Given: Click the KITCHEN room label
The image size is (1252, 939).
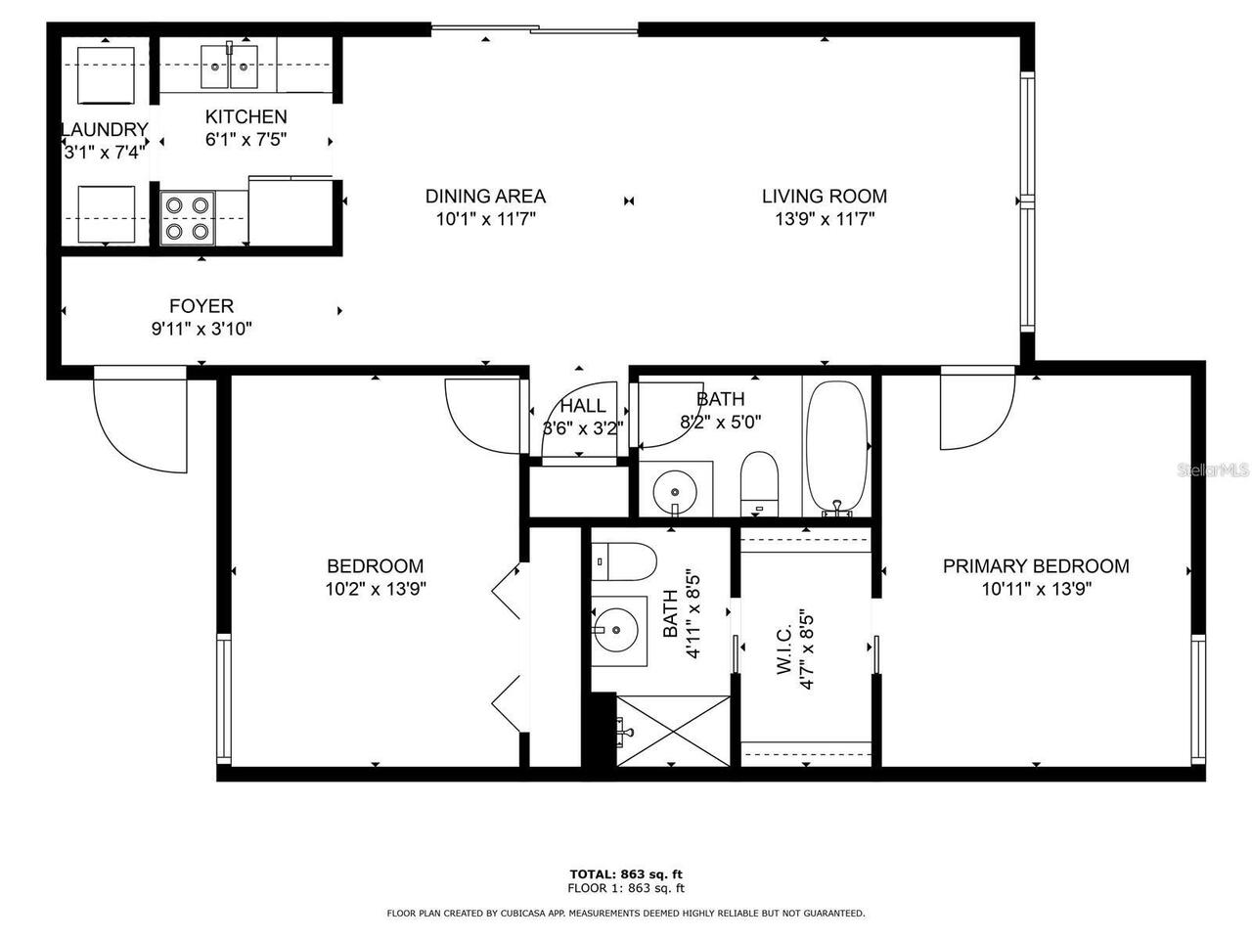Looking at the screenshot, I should pos(246,116).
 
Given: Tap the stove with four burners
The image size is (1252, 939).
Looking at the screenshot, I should pos(188,218).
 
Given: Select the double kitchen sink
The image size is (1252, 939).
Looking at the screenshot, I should pos(229,65).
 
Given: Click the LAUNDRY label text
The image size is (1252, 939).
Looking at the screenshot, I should pos(105,129).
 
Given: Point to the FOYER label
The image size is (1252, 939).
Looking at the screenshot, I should pos(201,306).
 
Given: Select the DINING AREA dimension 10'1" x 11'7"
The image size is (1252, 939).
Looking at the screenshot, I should pos(485,220).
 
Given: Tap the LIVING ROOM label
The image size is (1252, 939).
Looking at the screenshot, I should pos(824,196).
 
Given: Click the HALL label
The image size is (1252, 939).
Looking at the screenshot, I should pos(583,406).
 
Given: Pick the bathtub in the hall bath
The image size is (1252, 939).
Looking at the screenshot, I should pos(835,446).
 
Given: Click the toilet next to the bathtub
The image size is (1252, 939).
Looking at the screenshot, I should pos(758,483).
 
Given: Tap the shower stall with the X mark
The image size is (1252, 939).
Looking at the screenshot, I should pos(673,730).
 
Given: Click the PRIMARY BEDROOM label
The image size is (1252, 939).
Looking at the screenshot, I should pos(1035,565).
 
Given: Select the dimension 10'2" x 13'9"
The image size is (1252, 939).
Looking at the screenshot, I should pos(376,589).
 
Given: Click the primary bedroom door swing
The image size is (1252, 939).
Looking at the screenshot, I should pos(975,412).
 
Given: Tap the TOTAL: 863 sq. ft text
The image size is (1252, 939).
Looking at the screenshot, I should pos(626,873).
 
